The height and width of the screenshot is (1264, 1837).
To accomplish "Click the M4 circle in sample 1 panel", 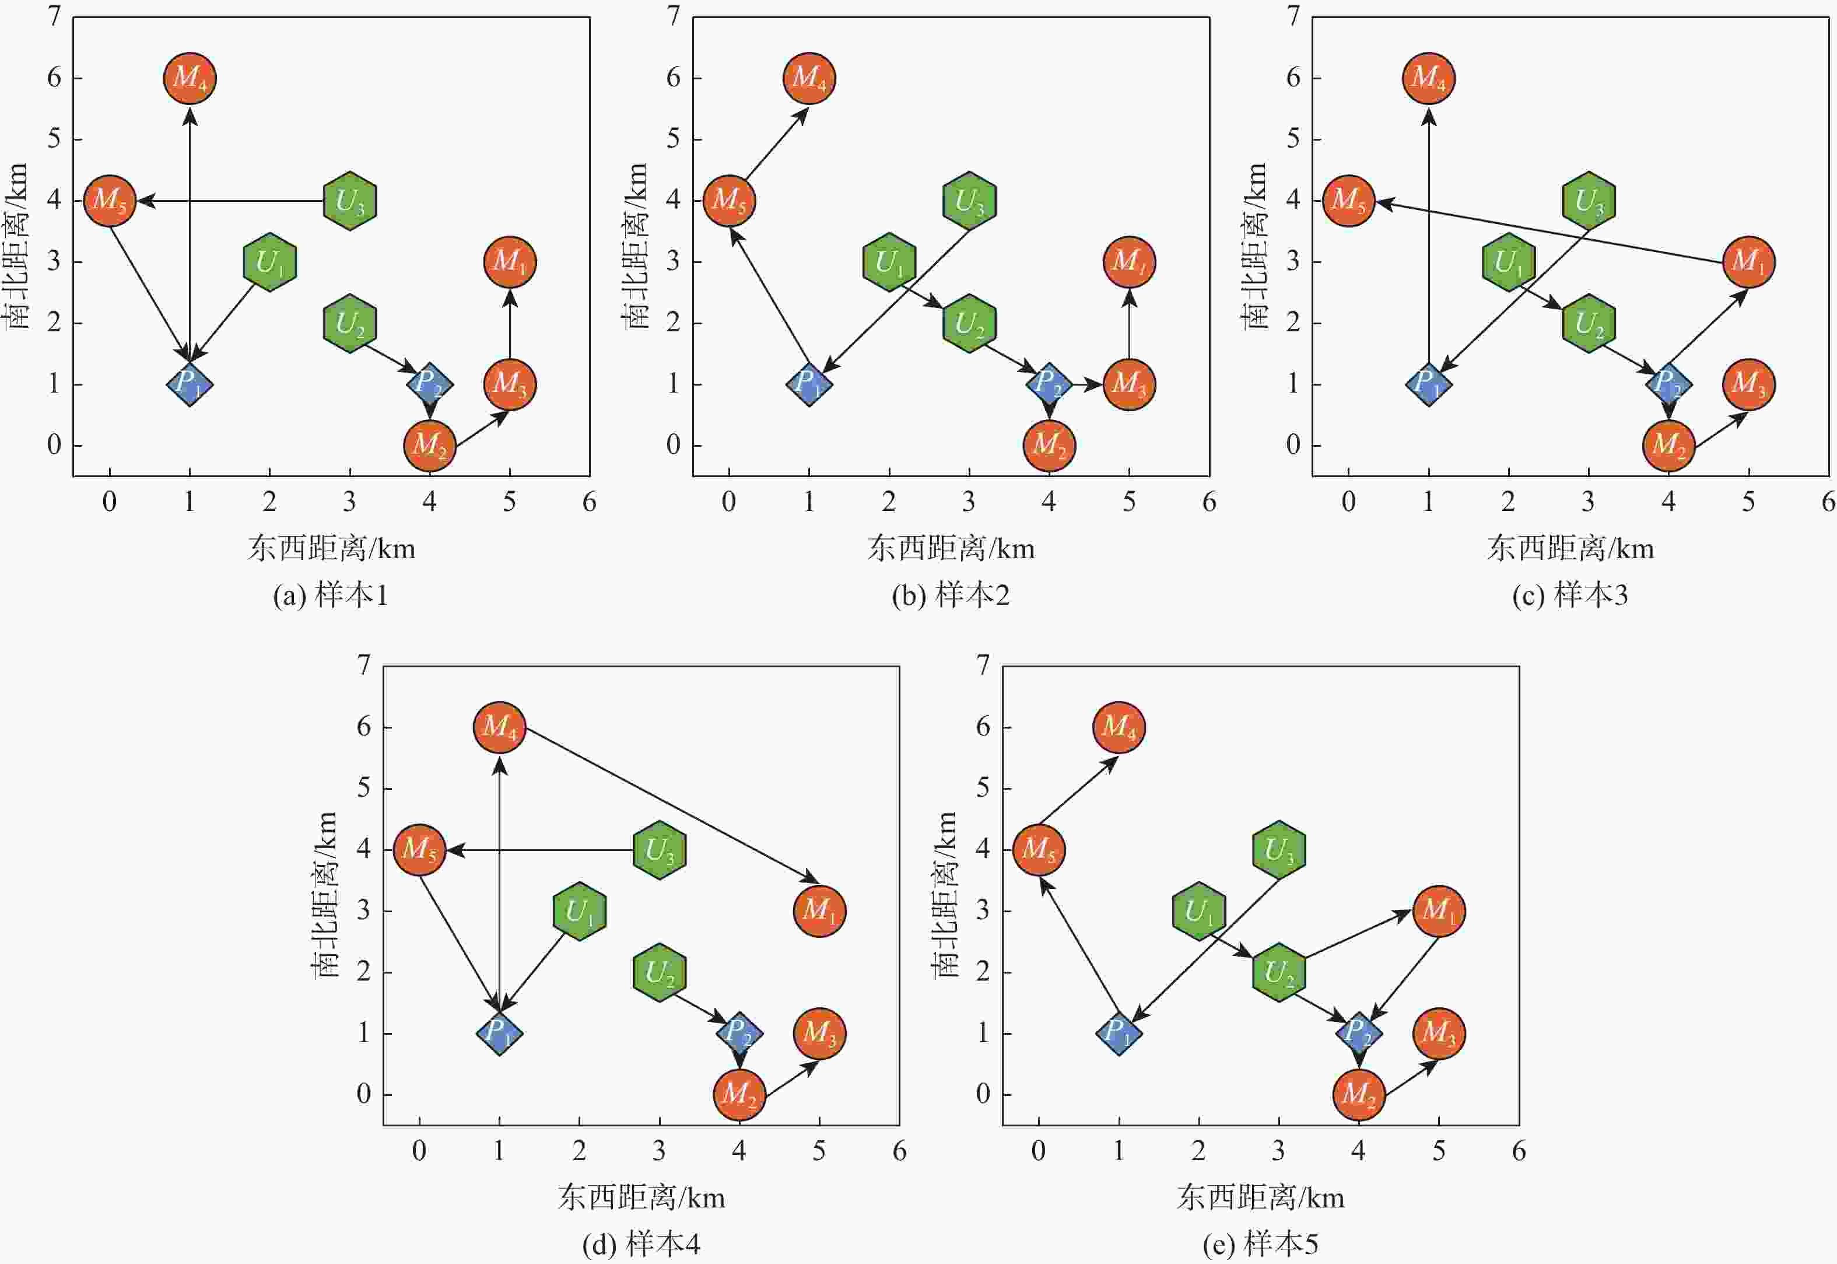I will click(190, 78).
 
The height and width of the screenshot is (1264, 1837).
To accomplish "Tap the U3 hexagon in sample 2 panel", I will click(969, 201).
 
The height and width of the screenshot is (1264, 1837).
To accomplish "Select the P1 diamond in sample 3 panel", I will click(1428, 384).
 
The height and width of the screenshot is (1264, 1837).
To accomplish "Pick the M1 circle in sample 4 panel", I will click(819, 911).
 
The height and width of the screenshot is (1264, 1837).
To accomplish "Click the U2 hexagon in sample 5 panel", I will click(1279, 972).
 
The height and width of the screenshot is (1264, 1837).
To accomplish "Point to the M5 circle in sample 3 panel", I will click(1348, 201).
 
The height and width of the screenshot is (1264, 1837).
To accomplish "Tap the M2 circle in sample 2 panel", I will click(1049, 445).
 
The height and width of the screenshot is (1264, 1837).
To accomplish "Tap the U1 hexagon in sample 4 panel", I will click(580, 911).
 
